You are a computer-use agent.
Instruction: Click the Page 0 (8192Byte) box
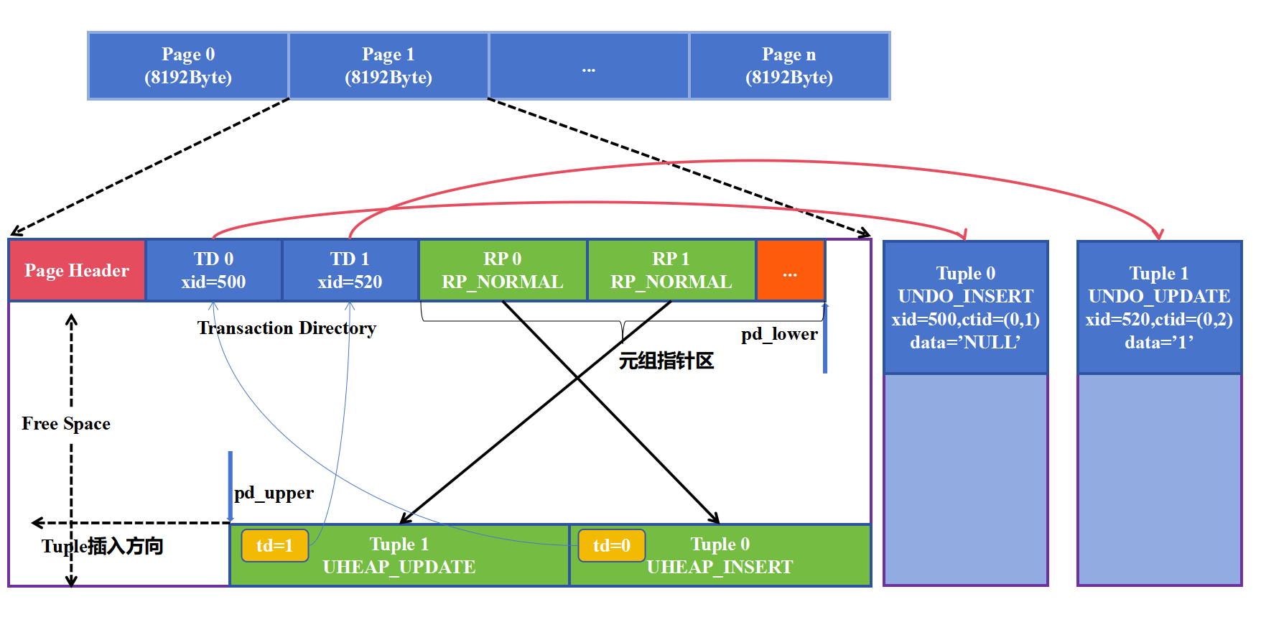(x=188, y=65)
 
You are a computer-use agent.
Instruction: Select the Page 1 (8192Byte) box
(x=388, y=65)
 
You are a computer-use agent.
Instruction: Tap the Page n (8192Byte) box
(x=789, y=65)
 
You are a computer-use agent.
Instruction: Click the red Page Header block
(x=77, y=271)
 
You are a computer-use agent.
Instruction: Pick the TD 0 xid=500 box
(x=213, y=271)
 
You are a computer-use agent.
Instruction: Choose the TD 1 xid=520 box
(x=350, y=271)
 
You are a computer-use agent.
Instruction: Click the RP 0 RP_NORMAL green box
(x=503, y=271)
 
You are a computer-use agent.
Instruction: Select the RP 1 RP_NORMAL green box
(x=671, y=271)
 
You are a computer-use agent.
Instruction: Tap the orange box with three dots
(x=790, y=271)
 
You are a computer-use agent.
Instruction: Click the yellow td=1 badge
(x=275, y=546)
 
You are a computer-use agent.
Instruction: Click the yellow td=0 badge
(x=612, y=546)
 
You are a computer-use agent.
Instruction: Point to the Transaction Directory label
(x=287, y=328)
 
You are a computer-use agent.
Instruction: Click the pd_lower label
(x=779, y=334)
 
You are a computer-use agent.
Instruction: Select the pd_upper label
(x=274, y=493)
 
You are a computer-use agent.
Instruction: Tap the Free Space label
(x=66, y=424)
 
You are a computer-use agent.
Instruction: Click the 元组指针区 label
(x=666, y=361)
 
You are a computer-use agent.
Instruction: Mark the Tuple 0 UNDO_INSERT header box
(x=965, y=307)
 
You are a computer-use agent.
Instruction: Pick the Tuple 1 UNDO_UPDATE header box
(x=1159, y=307)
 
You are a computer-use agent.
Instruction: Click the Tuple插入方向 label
(x=102, y=547)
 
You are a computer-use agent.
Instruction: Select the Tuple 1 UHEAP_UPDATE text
(x=399, y=555)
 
